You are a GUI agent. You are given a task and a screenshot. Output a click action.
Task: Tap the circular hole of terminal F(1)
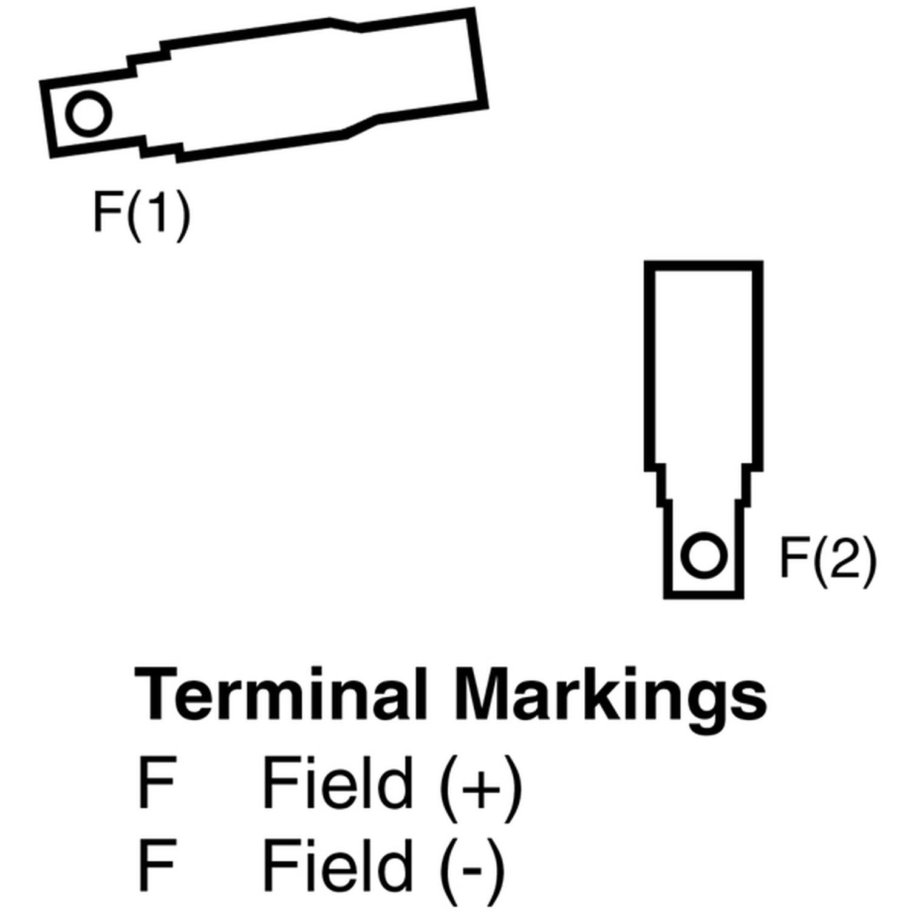[89, 114]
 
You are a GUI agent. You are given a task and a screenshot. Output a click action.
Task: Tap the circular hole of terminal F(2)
[703, 555]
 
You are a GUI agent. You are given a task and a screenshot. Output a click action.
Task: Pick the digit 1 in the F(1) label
[157, 213]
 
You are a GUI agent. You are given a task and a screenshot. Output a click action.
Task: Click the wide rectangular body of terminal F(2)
[704, 364]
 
